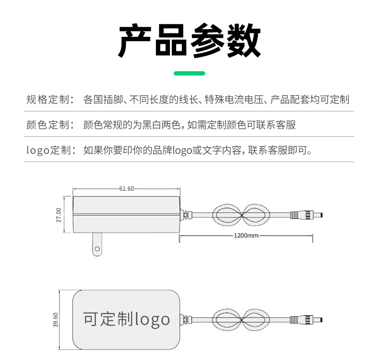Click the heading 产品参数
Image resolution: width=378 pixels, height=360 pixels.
(189, 41)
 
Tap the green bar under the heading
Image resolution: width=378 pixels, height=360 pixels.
(189, 73)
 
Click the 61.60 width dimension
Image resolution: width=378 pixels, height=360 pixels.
(126, 188)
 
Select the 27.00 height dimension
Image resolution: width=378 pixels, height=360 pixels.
(59, 215)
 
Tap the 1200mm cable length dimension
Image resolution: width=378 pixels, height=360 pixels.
(246, 235)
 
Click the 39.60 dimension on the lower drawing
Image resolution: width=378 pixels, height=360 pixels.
(56, 319)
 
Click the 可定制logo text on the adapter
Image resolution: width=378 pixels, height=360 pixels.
(126, 319)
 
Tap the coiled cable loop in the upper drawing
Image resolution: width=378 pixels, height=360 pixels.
(239, 215)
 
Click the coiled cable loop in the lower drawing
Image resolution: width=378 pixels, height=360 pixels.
(239, 319)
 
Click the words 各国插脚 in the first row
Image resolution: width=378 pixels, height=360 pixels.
(102, 99)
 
